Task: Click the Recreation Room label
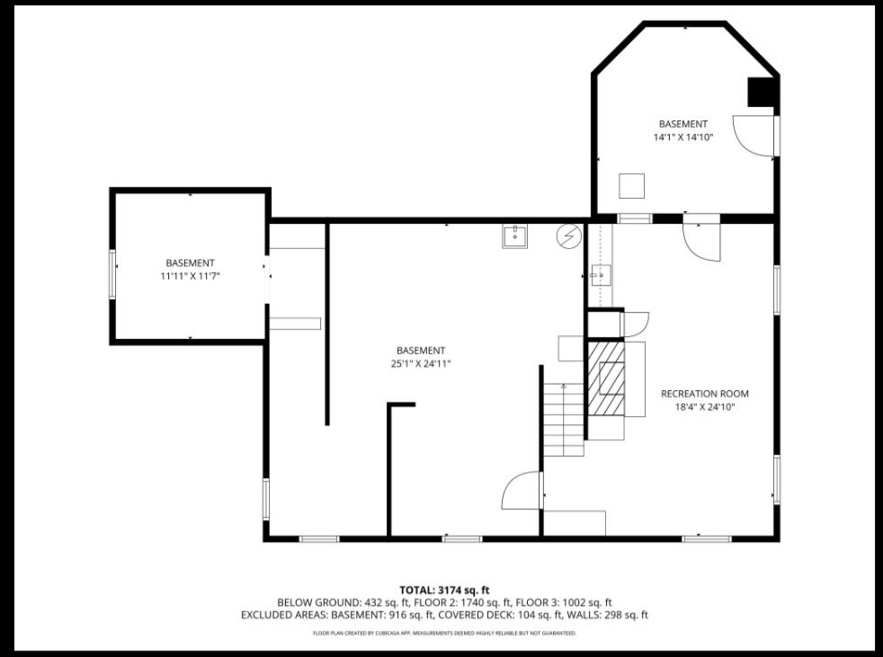pyautogui.click(x=704, y=394)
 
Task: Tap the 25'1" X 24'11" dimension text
pyautogui.click(x=420, y=364)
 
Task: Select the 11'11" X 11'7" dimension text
pyautogui.click(x=190, y=276)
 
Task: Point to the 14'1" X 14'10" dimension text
pyautogui.click(x=682, y=138)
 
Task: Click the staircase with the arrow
pyautogui.click(x=564, y=418)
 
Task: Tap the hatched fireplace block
pyautogui.click(x=606, y=378)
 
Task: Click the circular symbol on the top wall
pyautogui.click(x=568, y=235)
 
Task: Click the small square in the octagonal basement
pyautogui.click(x=632, y=184)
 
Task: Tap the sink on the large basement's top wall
pyautogui.click(x=515, y=236)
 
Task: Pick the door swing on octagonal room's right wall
pyautogui.click(x=753, y=136)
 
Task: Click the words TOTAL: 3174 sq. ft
pyautogui.click(x=444, y=590)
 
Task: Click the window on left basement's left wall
pyautogui.click(x=112, y=274)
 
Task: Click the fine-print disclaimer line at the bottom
pyautogui.click(x=444, y=633)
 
